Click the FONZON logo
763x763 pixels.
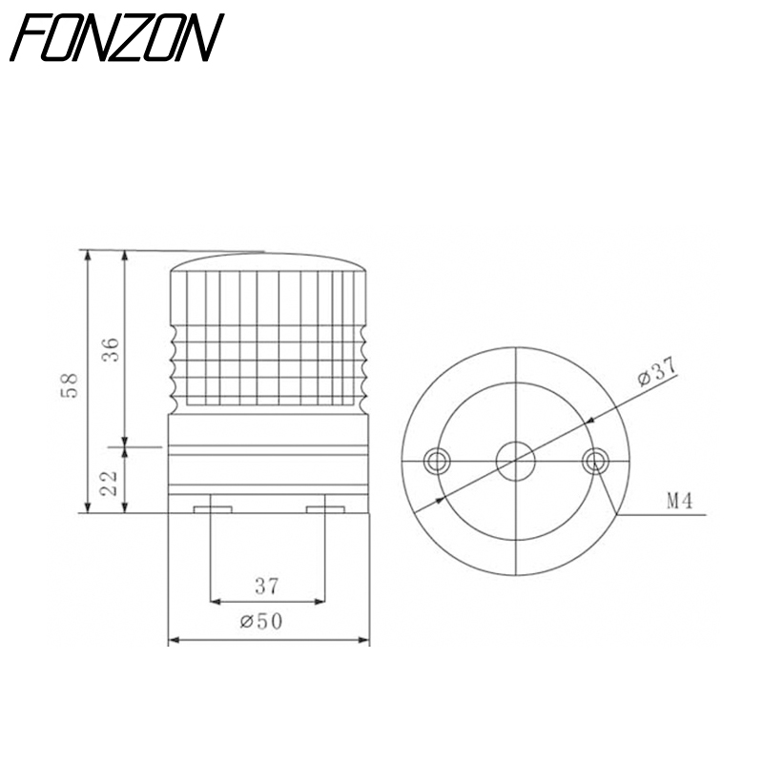(116, 37)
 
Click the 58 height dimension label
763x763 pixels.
(70, 386)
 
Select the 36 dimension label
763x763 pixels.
(111, 349)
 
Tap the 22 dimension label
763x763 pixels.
(110, 484)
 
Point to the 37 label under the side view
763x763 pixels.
(267, 587)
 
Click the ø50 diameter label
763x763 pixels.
(261, 622)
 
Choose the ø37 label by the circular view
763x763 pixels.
(657, 371)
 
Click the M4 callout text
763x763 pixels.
(680, 501)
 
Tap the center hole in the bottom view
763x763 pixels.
(515, 461)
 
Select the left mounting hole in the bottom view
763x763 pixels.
(437, 461)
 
